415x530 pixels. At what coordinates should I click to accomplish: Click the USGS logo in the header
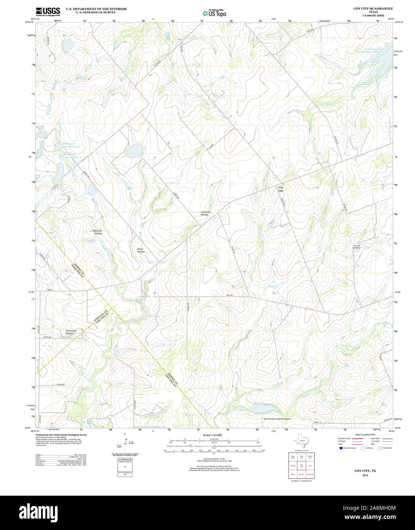click(x=48, y=12)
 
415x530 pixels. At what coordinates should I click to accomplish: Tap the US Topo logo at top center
click(x=214, y=13)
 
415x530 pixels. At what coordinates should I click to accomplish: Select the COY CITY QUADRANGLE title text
click(x=373, y=8)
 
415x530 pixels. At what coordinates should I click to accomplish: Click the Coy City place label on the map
click(x=281, y=189)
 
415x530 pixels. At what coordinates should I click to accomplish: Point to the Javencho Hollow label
click(x=205, y=214)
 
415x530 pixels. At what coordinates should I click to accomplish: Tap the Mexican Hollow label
click(x=98, y=232)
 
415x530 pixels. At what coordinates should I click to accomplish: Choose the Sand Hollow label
click(x=141, y=250)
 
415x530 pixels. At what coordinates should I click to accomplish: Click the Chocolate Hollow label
click(x=71, y=332)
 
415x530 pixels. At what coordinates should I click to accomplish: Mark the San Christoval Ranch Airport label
click(x=277, y=419)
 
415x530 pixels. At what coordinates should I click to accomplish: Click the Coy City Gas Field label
click(x=356, y=247)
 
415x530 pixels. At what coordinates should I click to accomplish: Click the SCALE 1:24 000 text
click(x=212, y=435)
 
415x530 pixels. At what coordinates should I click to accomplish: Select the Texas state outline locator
click(x=302, y=442)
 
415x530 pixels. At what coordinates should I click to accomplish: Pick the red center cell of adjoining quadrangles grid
click(x=301, y=466)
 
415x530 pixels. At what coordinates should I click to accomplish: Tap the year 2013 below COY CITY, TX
click(x=365, y=475)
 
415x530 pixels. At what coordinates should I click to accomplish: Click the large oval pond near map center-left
click(x=135, y=151)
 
